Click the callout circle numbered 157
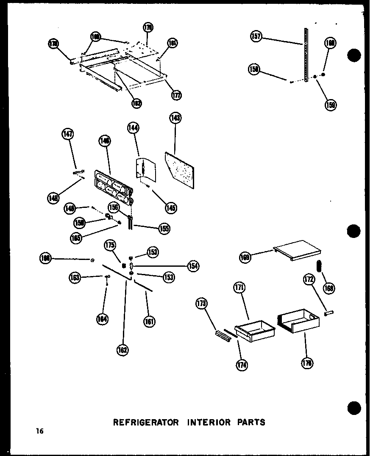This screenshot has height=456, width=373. [256, 37]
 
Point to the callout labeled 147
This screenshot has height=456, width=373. [67, 135]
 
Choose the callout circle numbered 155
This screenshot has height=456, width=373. [164, 229]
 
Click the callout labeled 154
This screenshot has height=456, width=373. [193, 266]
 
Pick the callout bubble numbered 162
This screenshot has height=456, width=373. [123, 349]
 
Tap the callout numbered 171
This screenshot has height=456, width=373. [239, 288]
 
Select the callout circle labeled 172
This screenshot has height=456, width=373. [308, 279]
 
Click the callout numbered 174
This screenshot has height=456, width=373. [243, 365]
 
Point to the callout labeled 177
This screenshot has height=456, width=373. [176, 95]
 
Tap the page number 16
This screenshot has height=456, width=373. [40, 431]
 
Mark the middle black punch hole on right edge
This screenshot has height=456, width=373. [354, 231]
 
